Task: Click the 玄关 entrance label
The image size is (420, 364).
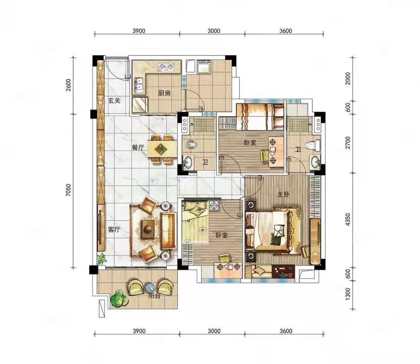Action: (x=114, y=101)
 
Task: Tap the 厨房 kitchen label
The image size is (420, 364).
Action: (x=164, y=93)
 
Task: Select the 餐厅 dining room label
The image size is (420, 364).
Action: (x=138, y=147)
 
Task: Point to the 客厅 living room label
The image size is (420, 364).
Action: (x=114, y=230)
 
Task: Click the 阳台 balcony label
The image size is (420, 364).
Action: (x=155, y=296)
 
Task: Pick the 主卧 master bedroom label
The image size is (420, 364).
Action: (x=283, y=194)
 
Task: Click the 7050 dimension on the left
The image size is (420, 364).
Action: (x=69, y=191)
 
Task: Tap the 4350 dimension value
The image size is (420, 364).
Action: (x=348, y=220)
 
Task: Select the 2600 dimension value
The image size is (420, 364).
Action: (x=69, y=85)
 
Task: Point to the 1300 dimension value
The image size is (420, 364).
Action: (x=348, y=294)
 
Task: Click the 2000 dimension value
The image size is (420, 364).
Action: (x=348, y=78)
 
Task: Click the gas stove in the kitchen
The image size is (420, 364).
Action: (x=166, y=68)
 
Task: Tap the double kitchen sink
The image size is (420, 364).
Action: (x=139, y=85)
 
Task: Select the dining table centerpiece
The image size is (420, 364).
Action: (x=161, y=148)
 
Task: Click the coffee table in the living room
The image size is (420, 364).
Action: (x=148, y=229)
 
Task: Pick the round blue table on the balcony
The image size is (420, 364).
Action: (x=149, y=288)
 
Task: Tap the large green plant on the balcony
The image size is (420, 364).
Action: (x=119, y=299)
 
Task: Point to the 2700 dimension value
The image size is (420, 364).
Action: (x=348, y=143)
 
